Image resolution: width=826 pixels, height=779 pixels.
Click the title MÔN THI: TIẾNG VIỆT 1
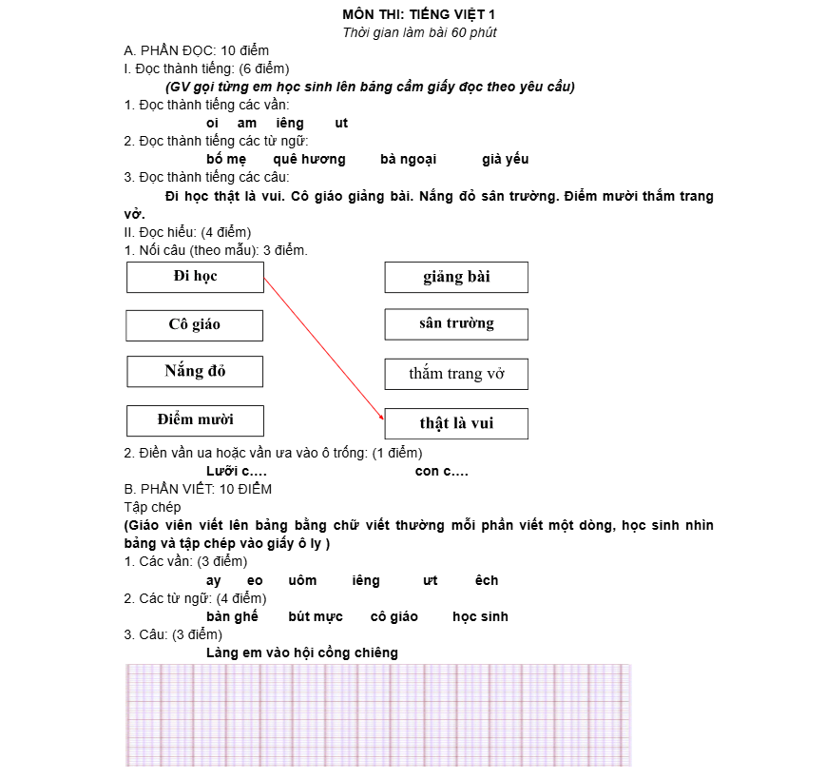[419, 14]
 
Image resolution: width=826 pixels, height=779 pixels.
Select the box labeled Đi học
[195, 277]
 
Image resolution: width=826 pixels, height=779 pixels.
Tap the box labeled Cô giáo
[194, 325]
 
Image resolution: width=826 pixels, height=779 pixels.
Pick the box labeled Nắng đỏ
[194, 371]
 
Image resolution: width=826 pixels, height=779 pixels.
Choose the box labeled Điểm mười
[195, 419]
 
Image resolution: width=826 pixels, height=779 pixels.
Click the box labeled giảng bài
[456, 277]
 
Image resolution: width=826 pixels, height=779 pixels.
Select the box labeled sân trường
[456, 323]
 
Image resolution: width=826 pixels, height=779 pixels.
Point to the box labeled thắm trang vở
[456, 374]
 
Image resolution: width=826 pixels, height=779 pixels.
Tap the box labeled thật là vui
[456, 423]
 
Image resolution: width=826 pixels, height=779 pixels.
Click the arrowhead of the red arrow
[382, 417]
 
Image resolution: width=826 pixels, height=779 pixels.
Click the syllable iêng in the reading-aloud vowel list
[289, 123]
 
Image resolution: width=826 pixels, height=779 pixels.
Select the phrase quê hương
[309, 159]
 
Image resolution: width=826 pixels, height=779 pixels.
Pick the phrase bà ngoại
[408, 159]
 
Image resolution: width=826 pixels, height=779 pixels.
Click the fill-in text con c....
[441, 471]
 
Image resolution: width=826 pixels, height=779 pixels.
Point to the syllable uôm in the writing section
[301, 580]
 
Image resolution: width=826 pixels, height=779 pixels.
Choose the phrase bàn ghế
[232, 616]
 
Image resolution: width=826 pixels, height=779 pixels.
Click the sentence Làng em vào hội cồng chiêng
[302, 652]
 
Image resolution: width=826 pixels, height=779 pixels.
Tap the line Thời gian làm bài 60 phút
[419, 32]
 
